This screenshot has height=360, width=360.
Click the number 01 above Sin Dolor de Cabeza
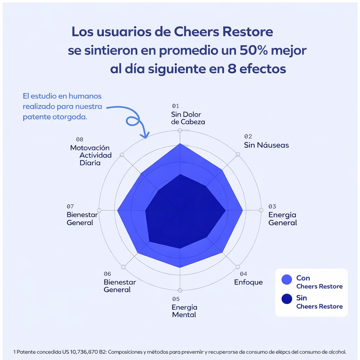pos(175,106)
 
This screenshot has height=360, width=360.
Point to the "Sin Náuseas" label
pos(266,145)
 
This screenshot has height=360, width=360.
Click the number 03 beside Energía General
pos(272,206)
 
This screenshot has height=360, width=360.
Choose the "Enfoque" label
pos(248,282)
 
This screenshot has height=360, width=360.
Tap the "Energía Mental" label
pos(184,311)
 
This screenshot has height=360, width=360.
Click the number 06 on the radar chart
pos(108,274)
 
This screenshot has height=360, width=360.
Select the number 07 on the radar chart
pos(70,206)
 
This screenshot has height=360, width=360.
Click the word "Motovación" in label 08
pos(90,148)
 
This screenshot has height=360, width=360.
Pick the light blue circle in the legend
pos(287,279)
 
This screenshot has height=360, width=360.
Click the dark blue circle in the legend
pos(287,299)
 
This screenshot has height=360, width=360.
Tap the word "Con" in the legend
pos(303,278)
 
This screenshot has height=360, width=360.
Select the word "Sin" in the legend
pos(302,298)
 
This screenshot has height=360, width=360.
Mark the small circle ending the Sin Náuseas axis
pos(238,154)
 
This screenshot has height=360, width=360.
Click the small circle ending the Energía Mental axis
pos(180,290)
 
